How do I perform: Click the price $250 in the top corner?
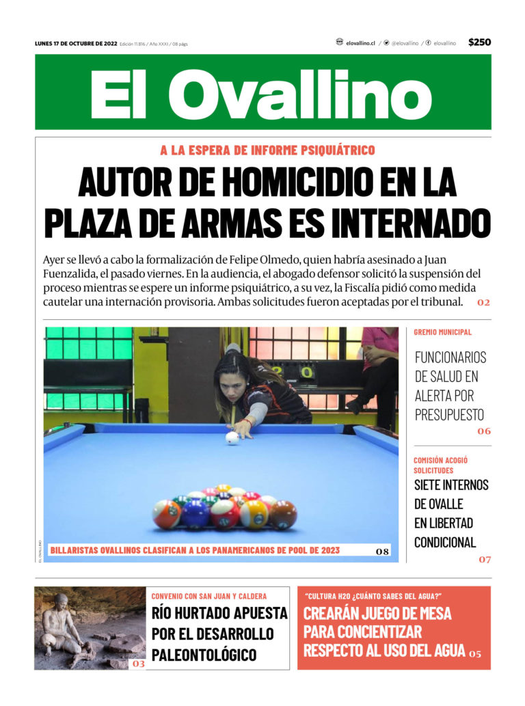tap(479, 42)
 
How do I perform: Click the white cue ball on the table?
tap(232, 437)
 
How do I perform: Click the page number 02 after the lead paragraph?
tap(483, 302)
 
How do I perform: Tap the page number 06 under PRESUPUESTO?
tap(484, 431)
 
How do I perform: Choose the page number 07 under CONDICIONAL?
tap(484, 560)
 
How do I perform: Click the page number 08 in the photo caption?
tap(383, 551)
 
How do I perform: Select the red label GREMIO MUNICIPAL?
tap(442, 332)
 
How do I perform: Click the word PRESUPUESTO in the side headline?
tap(449, 414)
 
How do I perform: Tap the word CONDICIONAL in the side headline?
tap(445, 542)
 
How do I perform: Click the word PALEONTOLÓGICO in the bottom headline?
tap(204, 654)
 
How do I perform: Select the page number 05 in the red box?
tap(475, 654)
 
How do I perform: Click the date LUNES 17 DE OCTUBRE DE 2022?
tap(76, 44)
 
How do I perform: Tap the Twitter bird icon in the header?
tap(386, 42)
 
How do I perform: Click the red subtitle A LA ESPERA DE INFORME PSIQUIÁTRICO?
tap(267, 150)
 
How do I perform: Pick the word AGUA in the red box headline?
tap(445, 650)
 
